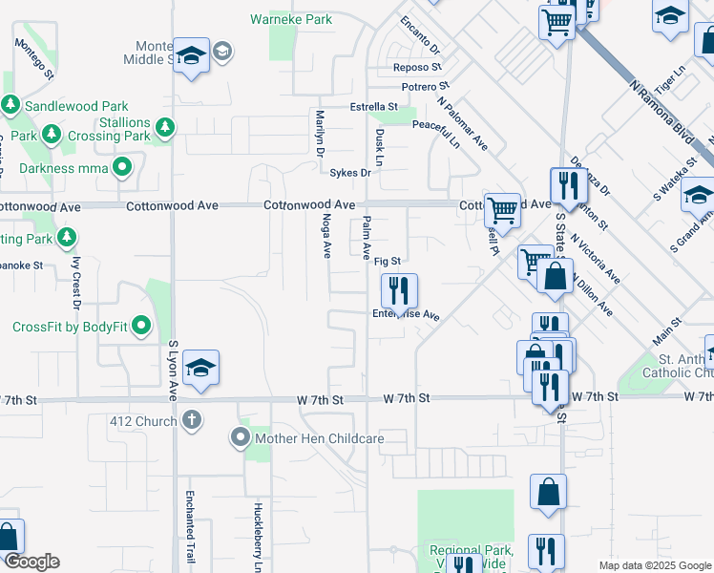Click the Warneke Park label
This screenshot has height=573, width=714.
click(291, 19)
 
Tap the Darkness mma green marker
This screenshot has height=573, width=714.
click(122, 169)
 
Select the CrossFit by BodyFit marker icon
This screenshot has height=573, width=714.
click(142, 327)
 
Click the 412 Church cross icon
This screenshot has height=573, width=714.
click(192, 419)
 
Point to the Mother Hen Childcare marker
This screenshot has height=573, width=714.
click(239, 438)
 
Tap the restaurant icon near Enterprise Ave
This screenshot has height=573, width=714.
click(399, 290)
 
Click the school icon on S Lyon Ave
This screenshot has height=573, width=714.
click(201, 369)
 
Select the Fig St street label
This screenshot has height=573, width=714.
click(387, 261)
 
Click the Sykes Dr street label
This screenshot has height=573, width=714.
click(349, 173)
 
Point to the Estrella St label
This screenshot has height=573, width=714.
click(373, 106)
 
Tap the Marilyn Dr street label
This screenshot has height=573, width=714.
click(321, 134)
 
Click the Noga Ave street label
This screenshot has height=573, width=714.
click(326, 235)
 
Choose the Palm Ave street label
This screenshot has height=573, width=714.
click(367, 238)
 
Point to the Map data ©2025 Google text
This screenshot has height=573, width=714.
click(654, 565)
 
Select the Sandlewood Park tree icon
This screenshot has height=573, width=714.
click(10, 104)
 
